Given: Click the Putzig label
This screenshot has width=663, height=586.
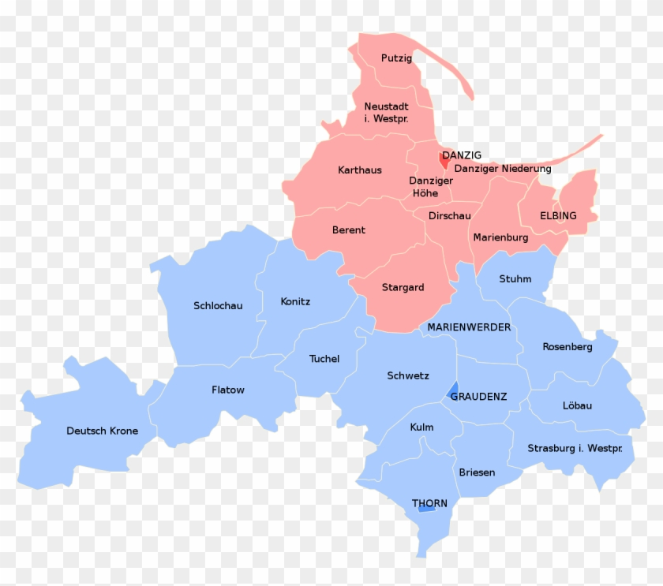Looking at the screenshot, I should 396,58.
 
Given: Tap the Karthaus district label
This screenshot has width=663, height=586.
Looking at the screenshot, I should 359,170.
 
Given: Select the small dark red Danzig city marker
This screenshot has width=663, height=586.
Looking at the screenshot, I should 444,160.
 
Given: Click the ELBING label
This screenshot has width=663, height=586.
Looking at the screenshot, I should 558,216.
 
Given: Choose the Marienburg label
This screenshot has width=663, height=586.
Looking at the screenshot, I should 500,237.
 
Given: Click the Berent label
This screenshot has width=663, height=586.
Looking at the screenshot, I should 348,230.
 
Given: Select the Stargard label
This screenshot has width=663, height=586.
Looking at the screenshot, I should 403,288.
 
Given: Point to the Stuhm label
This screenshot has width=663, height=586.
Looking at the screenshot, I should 515,279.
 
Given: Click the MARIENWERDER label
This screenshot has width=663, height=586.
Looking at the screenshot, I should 469,327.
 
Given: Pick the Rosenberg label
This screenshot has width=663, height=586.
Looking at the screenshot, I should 567,347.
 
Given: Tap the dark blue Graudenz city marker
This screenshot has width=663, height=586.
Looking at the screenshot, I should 453,390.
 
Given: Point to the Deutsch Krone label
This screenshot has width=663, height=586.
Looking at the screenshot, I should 102,431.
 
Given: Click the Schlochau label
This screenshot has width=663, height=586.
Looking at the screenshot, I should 218,306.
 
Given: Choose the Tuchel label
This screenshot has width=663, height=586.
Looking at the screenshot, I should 324,359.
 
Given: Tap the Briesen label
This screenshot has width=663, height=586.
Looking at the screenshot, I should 477,472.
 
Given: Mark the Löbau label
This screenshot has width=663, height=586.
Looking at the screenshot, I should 577,406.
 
